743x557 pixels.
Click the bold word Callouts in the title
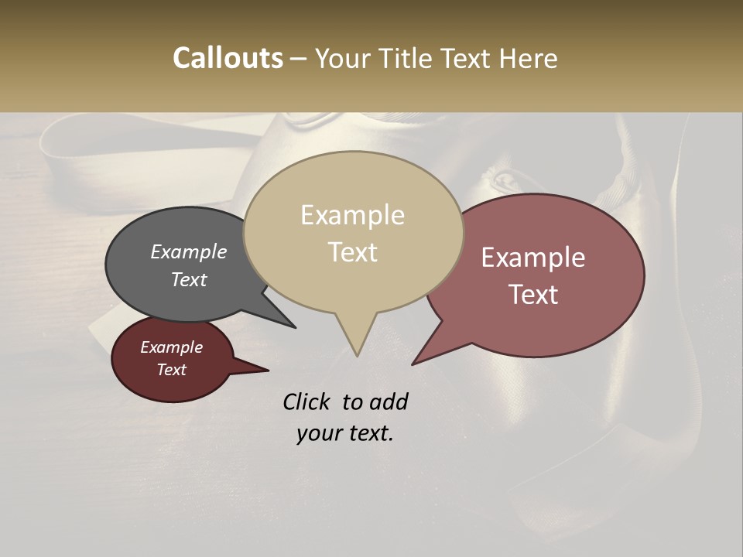click(228, 58)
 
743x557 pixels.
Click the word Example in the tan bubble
click(352, 215)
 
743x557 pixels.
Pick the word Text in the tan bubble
click(353, 251)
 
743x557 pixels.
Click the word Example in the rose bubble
click(533, 258)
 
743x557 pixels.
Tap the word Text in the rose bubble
click(534, 294)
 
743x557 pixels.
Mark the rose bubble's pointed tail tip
click(413, 364)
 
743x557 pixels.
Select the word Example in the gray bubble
click(188, 251)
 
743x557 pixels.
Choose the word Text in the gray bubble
click(188, 279)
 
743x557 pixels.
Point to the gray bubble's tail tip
click(295, 327)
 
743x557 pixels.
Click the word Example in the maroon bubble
click(171, 347)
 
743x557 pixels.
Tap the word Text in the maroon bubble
click(171, 370)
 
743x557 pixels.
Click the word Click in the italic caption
click(308, 402)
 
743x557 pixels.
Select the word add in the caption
click(388, 402)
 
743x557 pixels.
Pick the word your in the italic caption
click(317, 433)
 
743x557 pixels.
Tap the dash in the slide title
click(300, 58)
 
